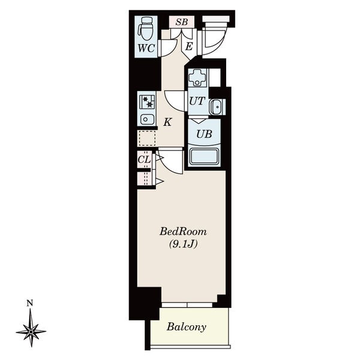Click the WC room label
coord(146,49)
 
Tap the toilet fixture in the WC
coord(145,29)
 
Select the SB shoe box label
coord(182,22)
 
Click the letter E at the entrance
coord(189,47)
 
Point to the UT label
coord(197,101)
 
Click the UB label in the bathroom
coord(204,134)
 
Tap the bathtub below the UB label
coord(204,157)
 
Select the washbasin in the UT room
coord(216,107)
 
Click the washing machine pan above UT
coord(197,77)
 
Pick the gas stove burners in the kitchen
coord(147,102)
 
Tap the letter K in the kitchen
coord(167,122)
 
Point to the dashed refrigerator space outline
coord(147,138)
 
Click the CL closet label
coord(144,160)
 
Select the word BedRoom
coord(183,232)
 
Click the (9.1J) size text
coord(183,244)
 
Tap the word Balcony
coord(186,327)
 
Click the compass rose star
coord(31,331)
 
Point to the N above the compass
coord(29,304)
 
